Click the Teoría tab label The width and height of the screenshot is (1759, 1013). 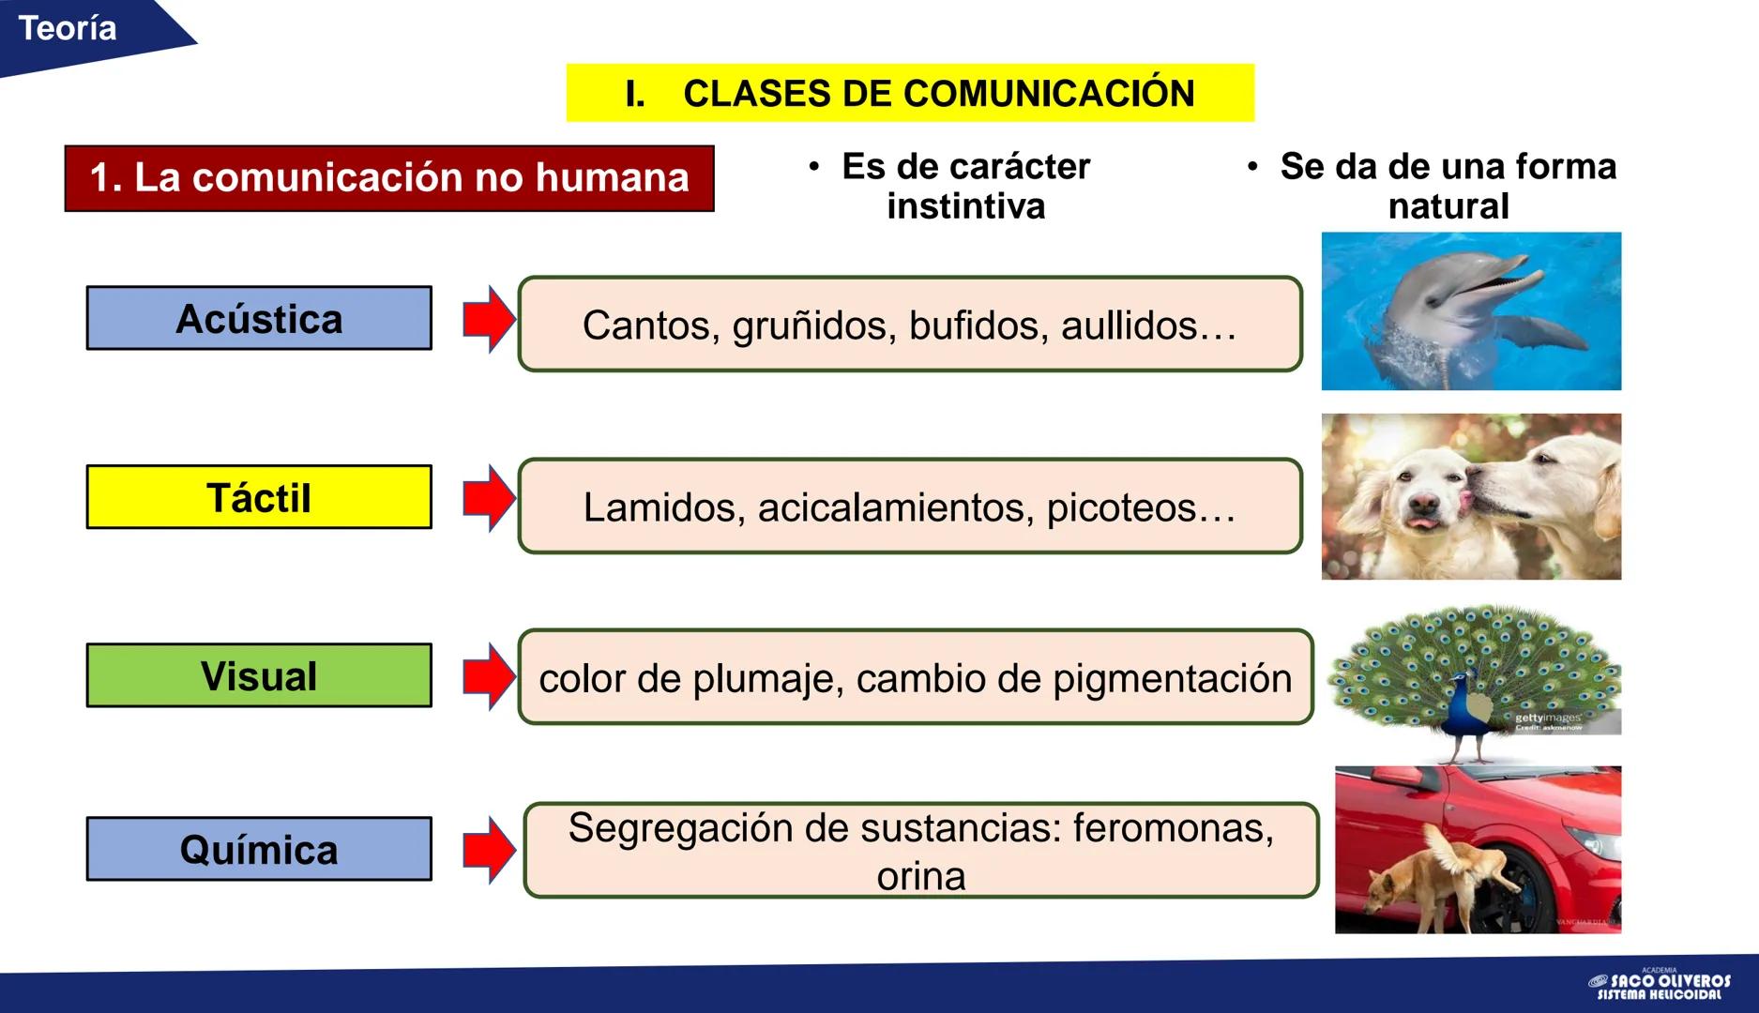[x=68, y=29]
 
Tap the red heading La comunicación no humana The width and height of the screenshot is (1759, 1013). [x=389, y=178]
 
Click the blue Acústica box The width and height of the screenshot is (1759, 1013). [x=259, y=319]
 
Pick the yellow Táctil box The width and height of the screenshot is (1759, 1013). [x=259, y=497]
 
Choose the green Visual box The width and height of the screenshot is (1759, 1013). [x=259, y=675]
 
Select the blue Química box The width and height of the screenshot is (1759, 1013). [x=259, y=849]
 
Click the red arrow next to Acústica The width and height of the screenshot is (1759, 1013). [x=489, y=319]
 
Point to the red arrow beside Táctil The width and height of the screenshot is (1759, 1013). [x=489, y=497]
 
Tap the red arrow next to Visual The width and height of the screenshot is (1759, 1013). [x=489, y=675]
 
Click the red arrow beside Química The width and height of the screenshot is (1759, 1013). [x=489, y=850]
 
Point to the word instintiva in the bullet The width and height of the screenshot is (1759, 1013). [x=965, y=206]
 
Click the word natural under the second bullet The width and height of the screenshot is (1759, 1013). [x=1448, y=206]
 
